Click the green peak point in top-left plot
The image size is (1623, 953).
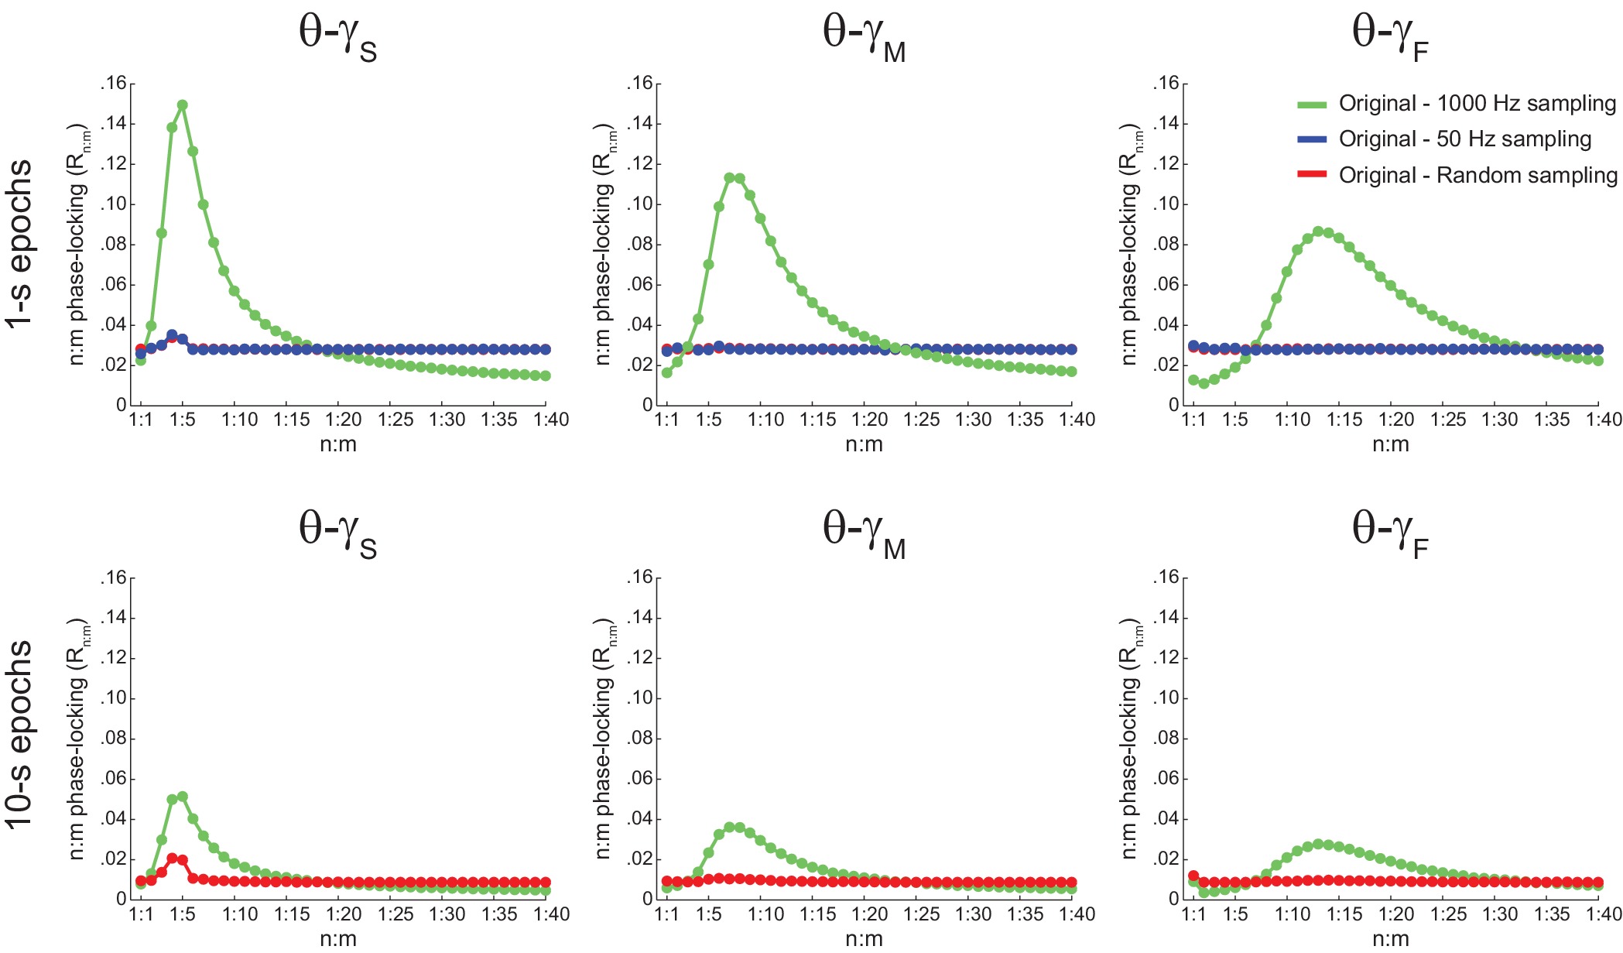pos(183,105)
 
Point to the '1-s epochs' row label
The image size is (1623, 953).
pos(20,244)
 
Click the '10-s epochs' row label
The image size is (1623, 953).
pos(20,734)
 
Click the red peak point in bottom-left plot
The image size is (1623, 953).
pos(172,859)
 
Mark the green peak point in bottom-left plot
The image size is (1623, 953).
pos(183,797)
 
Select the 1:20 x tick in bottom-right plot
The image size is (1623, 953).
pos(1396,915)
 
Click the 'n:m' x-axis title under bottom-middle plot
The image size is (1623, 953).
pos(864,939)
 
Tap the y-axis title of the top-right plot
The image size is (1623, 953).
pos(1131,245)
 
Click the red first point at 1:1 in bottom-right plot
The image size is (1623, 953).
pos(1193,876)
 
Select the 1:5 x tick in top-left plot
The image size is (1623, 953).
pos(183,420)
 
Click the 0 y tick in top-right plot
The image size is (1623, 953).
pos(1173,405)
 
